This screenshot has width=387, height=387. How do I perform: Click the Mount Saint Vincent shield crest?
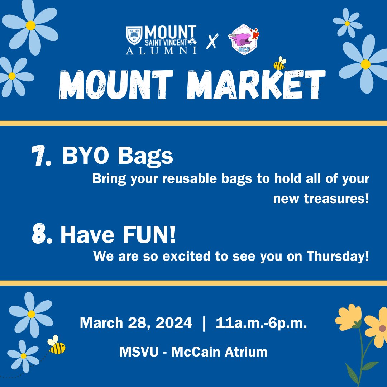134,35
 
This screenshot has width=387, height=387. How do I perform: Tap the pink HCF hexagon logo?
243,40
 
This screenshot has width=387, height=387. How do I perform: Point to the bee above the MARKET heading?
279,64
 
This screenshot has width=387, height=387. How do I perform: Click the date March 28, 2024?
136,323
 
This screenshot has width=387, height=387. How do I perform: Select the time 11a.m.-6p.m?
261,323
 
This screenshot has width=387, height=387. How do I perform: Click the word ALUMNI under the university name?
161,51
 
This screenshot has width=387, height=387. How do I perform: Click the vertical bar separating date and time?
204,323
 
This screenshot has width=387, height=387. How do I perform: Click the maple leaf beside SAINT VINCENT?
194,42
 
